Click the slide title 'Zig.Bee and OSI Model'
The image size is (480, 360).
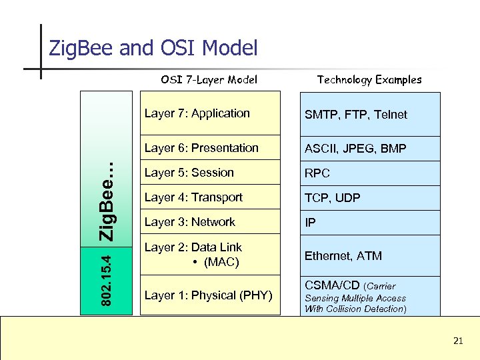[153, 49]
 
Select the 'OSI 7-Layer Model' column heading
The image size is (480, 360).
[209, 80]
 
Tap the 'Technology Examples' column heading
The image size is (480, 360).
[369, 80]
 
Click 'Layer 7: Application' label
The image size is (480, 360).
[197, 113]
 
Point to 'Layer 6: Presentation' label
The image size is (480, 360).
[201, 148]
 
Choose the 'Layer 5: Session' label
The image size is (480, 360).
[189, 173]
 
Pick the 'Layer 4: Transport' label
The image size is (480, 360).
[193, 197]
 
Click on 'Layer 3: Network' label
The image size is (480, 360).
[190, 222]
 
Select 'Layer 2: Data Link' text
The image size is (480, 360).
[193, 247]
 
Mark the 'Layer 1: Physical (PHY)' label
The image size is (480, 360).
[208, 295]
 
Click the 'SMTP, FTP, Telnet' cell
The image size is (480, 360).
[355, 115]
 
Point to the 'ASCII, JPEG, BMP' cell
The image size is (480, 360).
[355, 149]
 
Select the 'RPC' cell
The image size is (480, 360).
[317, 173]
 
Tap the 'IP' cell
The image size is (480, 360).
[310, 223]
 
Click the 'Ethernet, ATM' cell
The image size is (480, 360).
[343, 255]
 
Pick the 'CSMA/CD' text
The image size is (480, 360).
[333, 286]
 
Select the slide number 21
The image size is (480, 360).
[457, 341]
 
